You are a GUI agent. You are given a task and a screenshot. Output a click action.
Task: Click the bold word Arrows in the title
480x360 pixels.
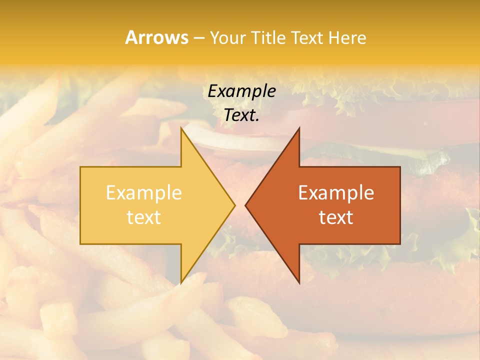[x=156, y=37]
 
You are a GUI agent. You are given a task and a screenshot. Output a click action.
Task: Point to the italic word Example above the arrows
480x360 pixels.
[x=241, y=91]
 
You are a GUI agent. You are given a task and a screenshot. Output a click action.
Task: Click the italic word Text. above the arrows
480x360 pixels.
[x=241, y=115]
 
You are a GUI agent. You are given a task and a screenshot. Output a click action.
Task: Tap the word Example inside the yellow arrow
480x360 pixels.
[x=144, y=192]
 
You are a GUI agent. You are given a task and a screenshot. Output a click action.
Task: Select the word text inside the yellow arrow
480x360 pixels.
[x=144, y=217]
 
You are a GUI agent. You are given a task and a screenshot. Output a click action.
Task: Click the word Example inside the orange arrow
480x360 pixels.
[x=336, y=192]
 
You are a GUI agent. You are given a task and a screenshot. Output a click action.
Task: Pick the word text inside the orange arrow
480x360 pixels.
[x=336, y=217]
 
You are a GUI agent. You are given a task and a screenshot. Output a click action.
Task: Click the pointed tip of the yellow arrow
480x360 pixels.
[x=234, y=205]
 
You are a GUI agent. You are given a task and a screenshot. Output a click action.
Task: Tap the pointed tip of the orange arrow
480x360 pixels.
[x=245, y=205]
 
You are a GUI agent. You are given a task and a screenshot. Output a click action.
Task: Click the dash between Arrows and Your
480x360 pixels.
[x=198, y=38]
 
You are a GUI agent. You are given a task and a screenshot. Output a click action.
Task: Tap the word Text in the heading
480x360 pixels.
[x=307, y=37]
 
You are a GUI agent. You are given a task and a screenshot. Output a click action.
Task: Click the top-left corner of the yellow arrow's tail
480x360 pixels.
[x=81, y=167]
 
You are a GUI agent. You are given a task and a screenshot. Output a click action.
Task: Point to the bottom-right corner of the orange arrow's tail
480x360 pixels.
[x=400, y=243]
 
